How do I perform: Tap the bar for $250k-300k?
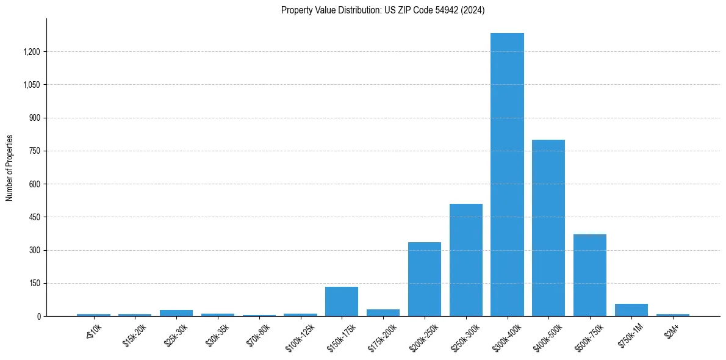click(x=465, y=260)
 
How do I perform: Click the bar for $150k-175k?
click(x=342, y=301)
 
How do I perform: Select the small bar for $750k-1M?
click(x=631, y=310)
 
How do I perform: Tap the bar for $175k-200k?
click(x=383, y=312)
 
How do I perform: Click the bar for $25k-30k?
click(x=176, y=313)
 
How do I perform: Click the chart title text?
click(x=383, y=10)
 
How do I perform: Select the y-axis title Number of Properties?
click(x=10, y=167)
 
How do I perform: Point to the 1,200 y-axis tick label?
click(x=31, y=52)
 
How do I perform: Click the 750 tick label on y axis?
click(x=35, y=151)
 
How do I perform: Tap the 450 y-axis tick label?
click(x=35, y=217)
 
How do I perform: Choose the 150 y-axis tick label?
click(x=35, y=283)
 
